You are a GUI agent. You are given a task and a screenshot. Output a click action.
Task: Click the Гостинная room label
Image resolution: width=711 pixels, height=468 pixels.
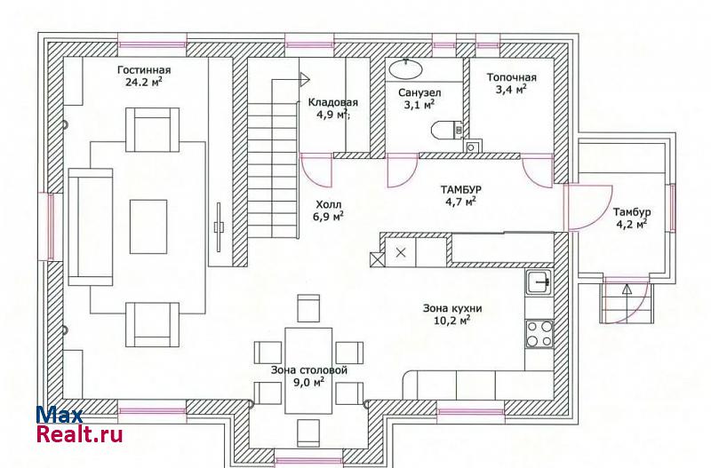[144, 70]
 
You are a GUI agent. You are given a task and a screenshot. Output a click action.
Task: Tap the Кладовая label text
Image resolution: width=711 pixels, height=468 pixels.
[332, 102]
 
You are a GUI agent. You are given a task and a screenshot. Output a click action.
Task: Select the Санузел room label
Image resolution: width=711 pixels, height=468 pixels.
[419, 93]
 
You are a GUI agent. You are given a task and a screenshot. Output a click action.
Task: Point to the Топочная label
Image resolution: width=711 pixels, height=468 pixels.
[512, 77]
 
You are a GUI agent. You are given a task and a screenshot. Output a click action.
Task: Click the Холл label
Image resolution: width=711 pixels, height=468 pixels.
[329, 205]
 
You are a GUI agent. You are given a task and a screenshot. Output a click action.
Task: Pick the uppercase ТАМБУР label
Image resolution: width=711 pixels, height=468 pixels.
[460, 189]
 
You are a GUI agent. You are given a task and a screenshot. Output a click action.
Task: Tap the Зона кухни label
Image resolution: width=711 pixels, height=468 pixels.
[452, 308]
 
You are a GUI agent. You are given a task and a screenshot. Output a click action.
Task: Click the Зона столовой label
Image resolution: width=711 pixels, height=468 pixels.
[309, 370]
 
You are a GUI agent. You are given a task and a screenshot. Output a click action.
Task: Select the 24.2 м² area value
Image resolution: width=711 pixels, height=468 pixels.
[144, 82]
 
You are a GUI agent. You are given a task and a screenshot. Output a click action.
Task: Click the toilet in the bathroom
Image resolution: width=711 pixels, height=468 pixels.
[446, 131]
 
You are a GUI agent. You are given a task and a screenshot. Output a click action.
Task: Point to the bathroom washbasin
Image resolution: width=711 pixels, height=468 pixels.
[406, 69]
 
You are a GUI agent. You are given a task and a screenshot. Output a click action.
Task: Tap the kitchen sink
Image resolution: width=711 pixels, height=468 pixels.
[539, 282]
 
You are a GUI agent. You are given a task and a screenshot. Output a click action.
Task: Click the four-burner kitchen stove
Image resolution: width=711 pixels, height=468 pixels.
[539, 333]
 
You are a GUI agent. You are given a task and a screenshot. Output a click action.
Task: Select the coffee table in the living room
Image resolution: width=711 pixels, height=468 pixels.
[148, 226]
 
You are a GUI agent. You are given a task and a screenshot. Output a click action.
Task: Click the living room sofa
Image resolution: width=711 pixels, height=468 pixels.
[91, 227]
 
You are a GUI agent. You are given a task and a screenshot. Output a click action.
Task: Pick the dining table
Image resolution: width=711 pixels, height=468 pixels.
[308, 370]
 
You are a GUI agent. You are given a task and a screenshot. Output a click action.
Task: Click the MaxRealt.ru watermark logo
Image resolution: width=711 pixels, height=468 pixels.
[79, 424]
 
